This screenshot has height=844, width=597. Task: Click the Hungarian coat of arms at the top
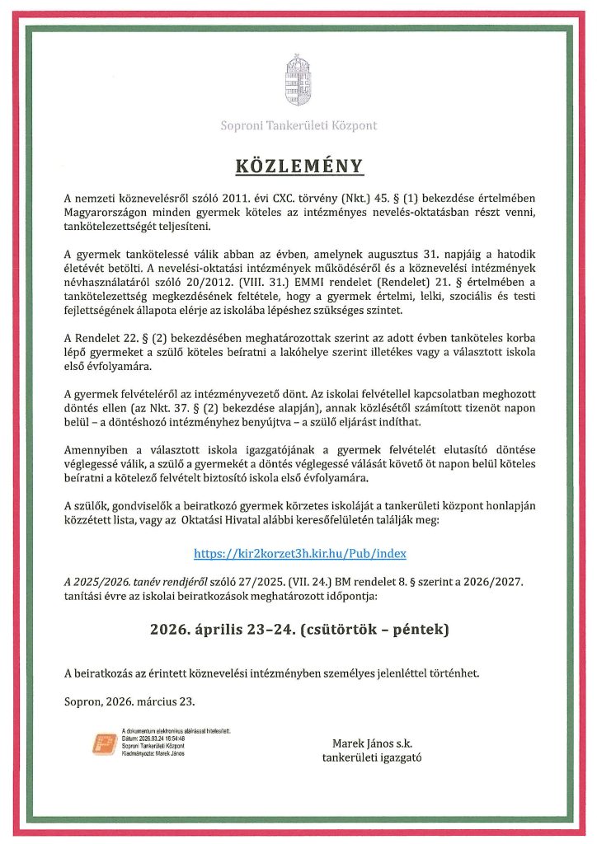(298, 80)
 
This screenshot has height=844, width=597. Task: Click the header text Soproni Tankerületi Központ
(298, 126)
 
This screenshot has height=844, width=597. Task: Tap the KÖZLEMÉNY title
(298, 166)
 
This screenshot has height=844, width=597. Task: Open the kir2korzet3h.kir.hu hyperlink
(300, 554)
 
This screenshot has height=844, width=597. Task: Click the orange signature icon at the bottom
(104, 743)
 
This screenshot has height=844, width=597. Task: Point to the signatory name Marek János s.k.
(371, 743)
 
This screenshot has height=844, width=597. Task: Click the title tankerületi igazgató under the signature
(371, 759)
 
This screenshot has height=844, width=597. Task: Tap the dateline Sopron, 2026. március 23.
(130, 701)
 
